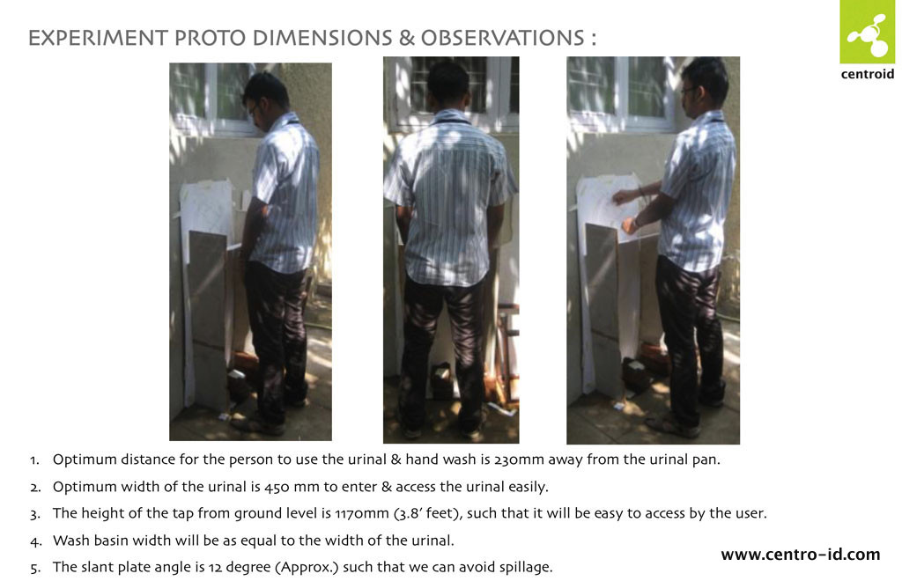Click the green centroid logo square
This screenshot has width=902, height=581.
(x=868, y=33)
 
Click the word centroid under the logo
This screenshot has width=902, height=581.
(x=868, y=74)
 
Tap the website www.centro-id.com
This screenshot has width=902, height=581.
(x=800, y=555)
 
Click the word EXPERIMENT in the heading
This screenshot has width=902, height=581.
(x=98, y=38)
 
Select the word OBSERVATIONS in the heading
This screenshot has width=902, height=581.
(x=502, y=38)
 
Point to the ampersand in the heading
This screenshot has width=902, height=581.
(x=406, y=38)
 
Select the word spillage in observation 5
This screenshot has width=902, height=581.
(x=526, y=568)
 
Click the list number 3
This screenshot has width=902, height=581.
(x=35, y=514)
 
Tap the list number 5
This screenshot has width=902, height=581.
(x=35, y=569)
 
